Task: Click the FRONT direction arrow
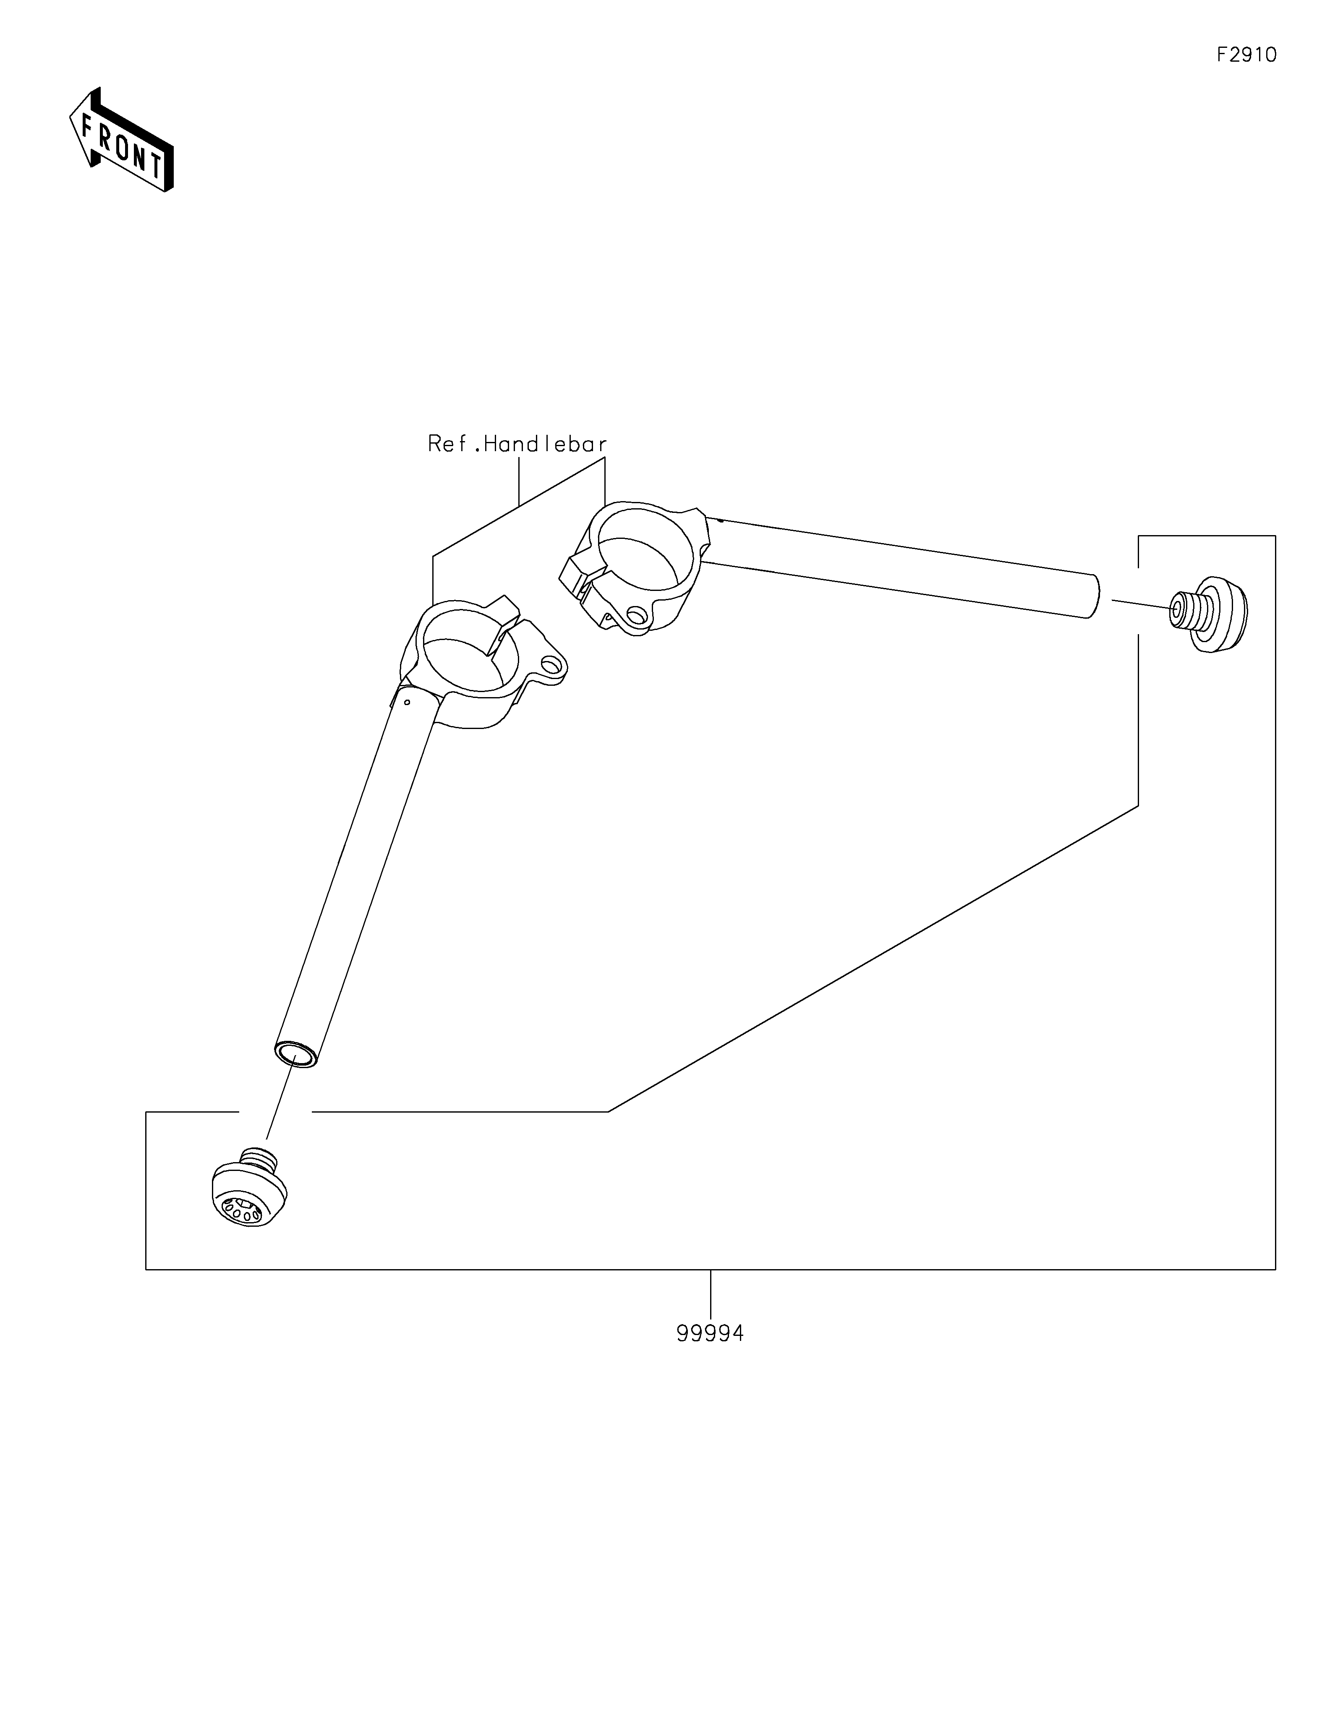pos(122,139)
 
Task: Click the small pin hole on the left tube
pos(407,701)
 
